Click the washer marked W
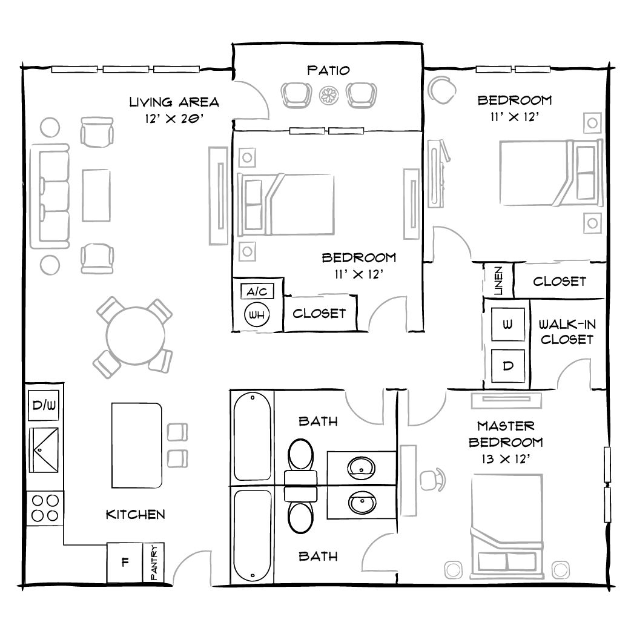(x=507, y=325)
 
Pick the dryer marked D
(x=507, y=366)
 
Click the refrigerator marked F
(x=125, y=562)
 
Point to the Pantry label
(x=154, y=563)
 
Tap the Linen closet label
(x=498, y=281)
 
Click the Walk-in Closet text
(x=567, y=332)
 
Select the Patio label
(x=328, y=70)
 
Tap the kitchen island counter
(x=137, y=446)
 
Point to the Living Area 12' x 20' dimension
(x=174, y=119)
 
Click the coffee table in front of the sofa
(x=97, y=196)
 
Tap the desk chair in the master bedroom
(x=431, y=478)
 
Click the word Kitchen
(x=136, y=515)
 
